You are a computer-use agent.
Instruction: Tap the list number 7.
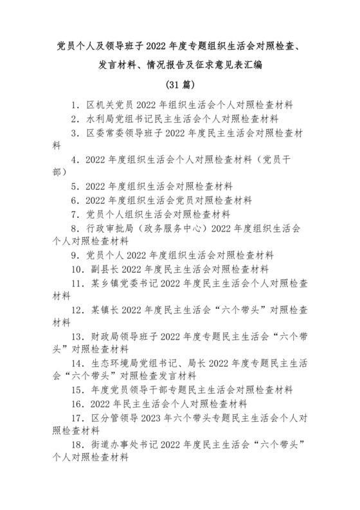point(76,214)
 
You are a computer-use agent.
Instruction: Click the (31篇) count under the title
point(180,85)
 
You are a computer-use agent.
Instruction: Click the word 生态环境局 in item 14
point(111,363)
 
